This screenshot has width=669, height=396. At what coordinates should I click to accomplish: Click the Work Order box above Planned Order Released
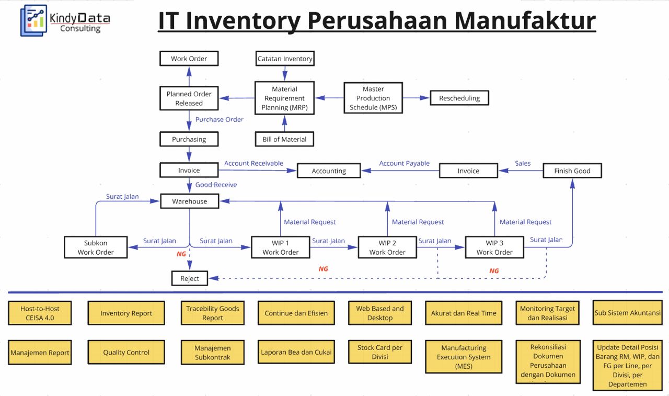(189, 58)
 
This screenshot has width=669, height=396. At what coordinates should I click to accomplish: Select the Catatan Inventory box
(285, 58)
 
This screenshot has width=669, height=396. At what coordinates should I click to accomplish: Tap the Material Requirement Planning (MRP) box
(285, 98)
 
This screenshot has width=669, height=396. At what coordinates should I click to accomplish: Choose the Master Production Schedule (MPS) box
(373, 98)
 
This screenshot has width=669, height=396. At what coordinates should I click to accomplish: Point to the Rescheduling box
(459, 98)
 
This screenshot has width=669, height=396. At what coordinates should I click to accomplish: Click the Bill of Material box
(285, 139)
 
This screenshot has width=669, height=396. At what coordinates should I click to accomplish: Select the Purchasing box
(189, 139)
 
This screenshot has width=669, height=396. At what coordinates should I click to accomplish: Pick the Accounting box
(329, 171)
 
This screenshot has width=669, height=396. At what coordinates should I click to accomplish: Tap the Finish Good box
(572, 171)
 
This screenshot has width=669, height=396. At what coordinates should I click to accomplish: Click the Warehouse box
(190, 201)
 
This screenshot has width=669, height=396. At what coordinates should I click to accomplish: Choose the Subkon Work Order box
(96, 247)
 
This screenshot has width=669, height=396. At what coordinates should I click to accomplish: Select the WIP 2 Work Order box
(387, 247)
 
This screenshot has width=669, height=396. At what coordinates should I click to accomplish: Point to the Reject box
(190, 278)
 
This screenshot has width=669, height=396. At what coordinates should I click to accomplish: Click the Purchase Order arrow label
(219, 119)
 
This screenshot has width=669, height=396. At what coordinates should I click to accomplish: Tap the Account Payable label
(405, 163)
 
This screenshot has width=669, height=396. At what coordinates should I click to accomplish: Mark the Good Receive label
(216, 185)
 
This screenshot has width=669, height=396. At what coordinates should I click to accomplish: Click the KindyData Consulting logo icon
(33, 20)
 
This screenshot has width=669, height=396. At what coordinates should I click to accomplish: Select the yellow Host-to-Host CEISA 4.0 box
(40, 313)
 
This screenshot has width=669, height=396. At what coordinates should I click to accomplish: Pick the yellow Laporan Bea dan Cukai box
(296, 352)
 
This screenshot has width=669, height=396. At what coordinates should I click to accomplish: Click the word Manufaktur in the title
(525, 20)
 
